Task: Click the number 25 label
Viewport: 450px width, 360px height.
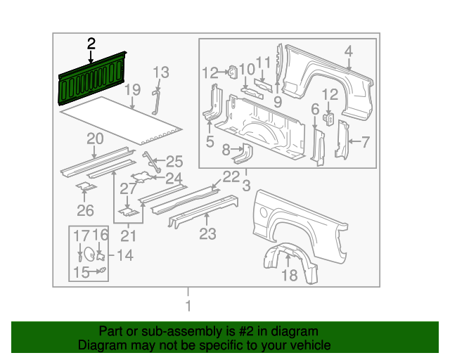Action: (174, 161)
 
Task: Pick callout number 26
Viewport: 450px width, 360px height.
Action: (85, 210)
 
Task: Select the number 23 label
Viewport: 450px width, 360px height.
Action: (207, 234)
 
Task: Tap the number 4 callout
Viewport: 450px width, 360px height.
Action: (347, 51)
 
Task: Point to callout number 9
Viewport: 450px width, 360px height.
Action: (278, 102)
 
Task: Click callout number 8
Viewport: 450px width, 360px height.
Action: (226, 150)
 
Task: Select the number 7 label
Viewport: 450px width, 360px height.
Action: (365, 142)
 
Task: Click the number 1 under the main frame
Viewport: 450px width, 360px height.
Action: (187, 306)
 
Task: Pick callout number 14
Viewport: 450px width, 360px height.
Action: (124, 255)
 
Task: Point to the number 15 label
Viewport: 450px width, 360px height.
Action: (82, 273)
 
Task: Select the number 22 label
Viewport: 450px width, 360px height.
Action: (231, 176)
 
